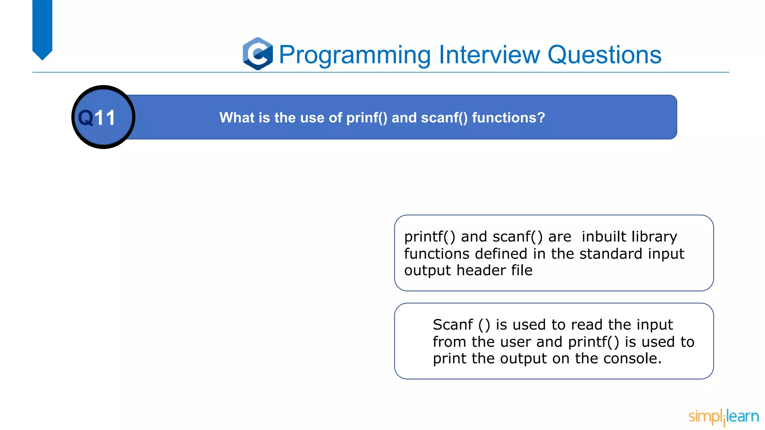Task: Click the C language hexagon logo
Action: coord(258,54)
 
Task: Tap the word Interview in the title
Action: coord(489,54)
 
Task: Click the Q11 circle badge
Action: coord(103,117)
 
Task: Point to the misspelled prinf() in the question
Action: coord(366,118)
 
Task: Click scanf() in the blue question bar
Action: coord(444,118)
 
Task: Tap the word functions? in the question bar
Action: coord(508,118)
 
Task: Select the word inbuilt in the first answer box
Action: coord(604,237)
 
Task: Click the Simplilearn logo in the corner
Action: coord(723,417)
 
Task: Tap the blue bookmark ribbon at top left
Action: coord(42,28)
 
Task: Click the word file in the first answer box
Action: coord(521,270)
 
